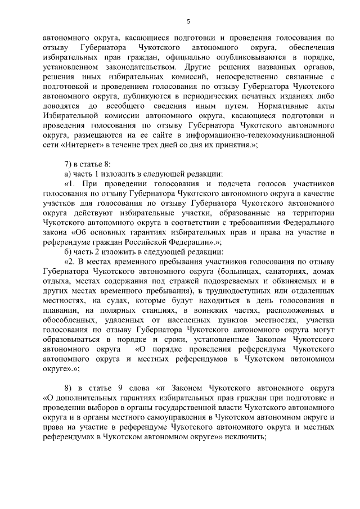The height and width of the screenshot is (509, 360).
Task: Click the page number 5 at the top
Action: [188, 21]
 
